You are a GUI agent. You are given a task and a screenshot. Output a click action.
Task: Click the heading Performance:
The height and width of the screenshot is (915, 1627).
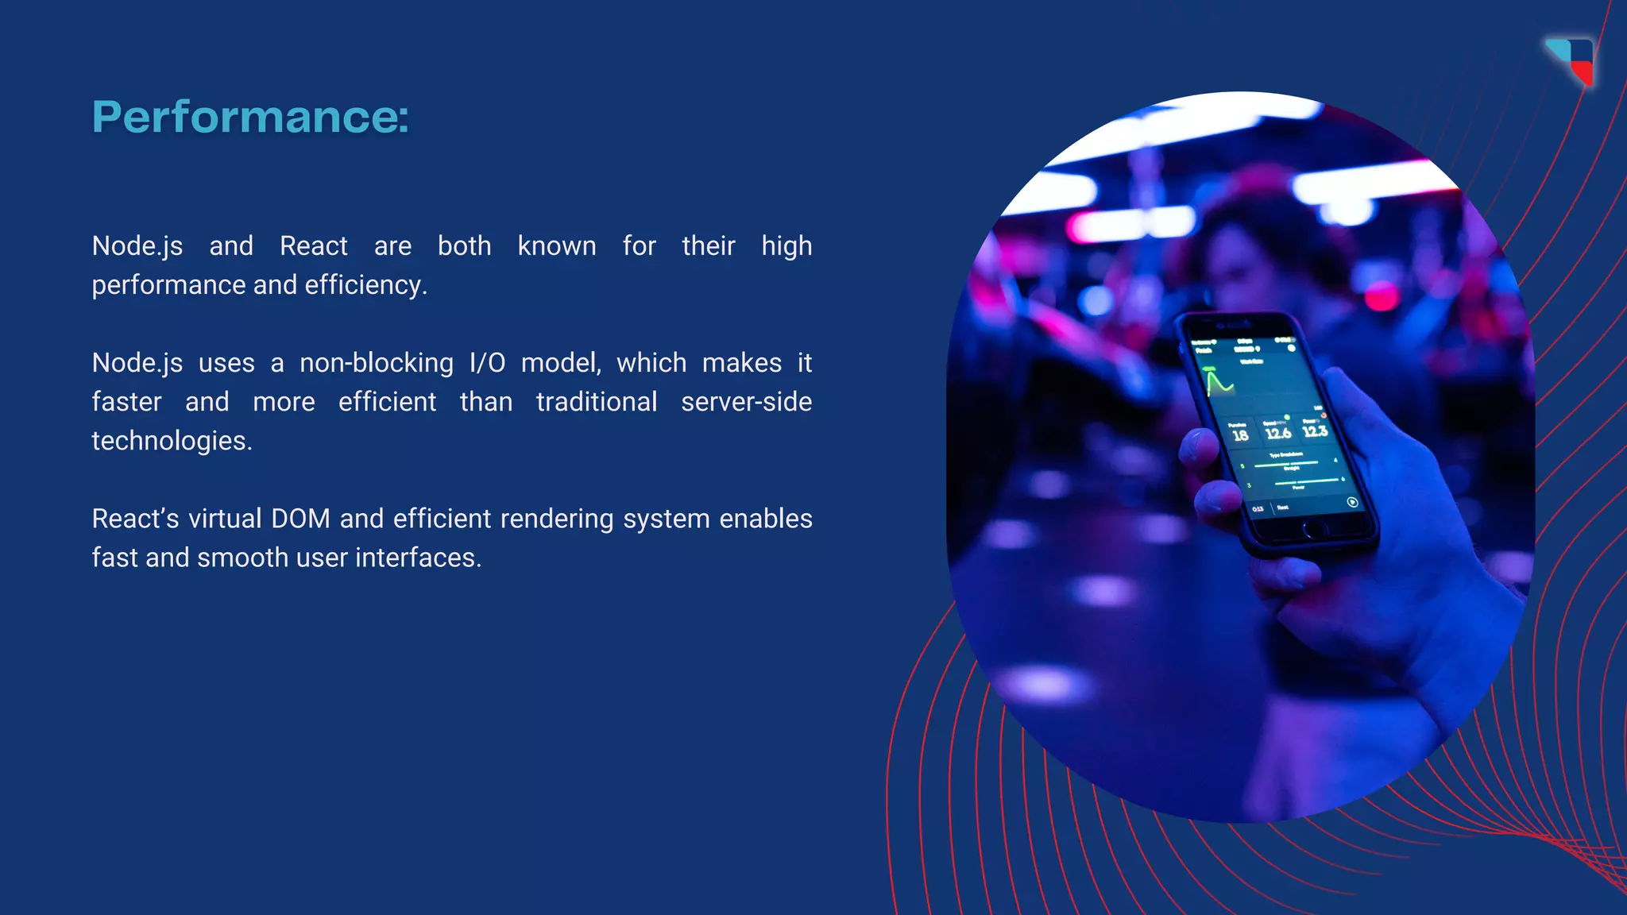(x=250, y=117)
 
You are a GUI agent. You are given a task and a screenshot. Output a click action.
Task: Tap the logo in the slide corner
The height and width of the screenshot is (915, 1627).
(x=1571, y=60)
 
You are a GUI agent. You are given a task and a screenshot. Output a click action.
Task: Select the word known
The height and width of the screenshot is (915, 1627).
(x=556, y=246)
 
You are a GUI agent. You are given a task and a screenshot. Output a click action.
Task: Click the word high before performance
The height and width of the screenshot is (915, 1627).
(x=786, y=247)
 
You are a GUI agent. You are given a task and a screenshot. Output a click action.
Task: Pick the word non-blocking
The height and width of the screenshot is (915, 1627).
(x=376, y=363)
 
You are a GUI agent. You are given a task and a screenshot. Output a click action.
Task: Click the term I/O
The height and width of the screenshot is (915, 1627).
(x=487, y=363)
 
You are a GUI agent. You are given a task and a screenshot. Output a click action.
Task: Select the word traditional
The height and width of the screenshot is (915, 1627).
(x=596, y=402)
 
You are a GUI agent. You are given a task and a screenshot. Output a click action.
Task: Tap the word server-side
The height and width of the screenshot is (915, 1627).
(x=746, y=402)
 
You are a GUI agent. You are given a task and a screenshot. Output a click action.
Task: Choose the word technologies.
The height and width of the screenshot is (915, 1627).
(x=172, y=441)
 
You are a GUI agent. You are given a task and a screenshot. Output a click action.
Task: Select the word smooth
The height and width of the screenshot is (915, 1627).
(x=242, y=558)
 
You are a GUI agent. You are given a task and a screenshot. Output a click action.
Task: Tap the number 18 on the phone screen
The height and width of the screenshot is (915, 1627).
(x=1240, y=435)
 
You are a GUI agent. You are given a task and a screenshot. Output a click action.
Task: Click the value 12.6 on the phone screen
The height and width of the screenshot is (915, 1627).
(x=1277, y=433)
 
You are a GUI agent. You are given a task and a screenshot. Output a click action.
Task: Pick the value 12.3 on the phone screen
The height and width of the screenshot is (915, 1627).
(x=1315, y=430)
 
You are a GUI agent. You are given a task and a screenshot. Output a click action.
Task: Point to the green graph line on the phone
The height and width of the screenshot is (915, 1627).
(x=1218, y=383)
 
